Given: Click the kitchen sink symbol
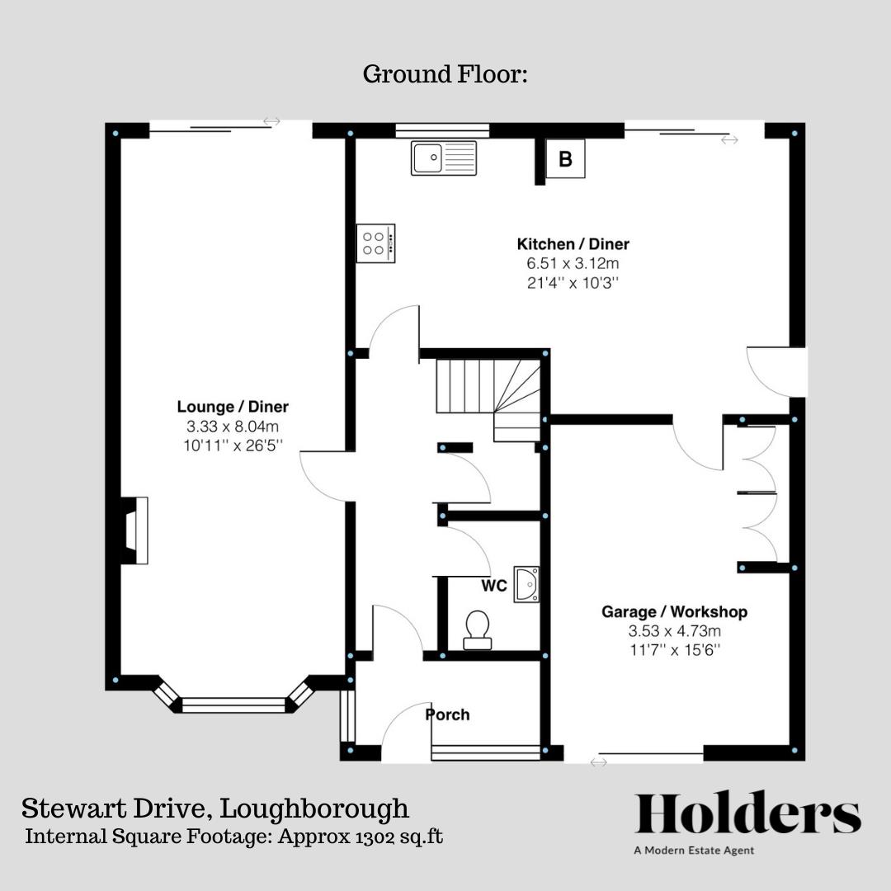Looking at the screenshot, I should pos(444,158).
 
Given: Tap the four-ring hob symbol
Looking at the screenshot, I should pos(375,243).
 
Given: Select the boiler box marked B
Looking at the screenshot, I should pos(565,159).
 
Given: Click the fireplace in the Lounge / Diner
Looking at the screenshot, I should pos(134,530).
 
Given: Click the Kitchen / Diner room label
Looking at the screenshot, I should pos(573,244).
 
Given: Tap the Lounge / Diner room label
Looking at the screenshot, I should pos(233,407).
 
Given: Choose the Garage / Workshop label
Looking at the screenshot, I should pos(674,612).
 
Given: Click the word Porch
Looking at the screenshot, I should pos(448,714).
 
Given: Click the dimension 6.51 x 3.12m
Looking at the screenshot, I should pos(573,264).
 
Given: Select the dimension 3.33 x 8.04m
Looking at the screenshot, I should pos(233,427).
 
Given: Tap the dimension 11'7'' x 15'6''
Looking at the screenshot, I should pos(674,650).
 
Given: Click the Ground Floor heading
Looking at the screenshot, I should pos(445,74).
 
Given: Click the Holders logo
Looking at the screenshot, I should pos(747,814).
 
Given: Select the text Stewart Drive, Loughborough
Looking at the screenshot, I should pos(214,808).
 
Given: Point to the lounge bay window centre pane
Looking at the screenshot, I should pos(233,705).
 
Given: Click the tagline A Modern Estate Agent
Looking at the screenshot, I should pos(694,851).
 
